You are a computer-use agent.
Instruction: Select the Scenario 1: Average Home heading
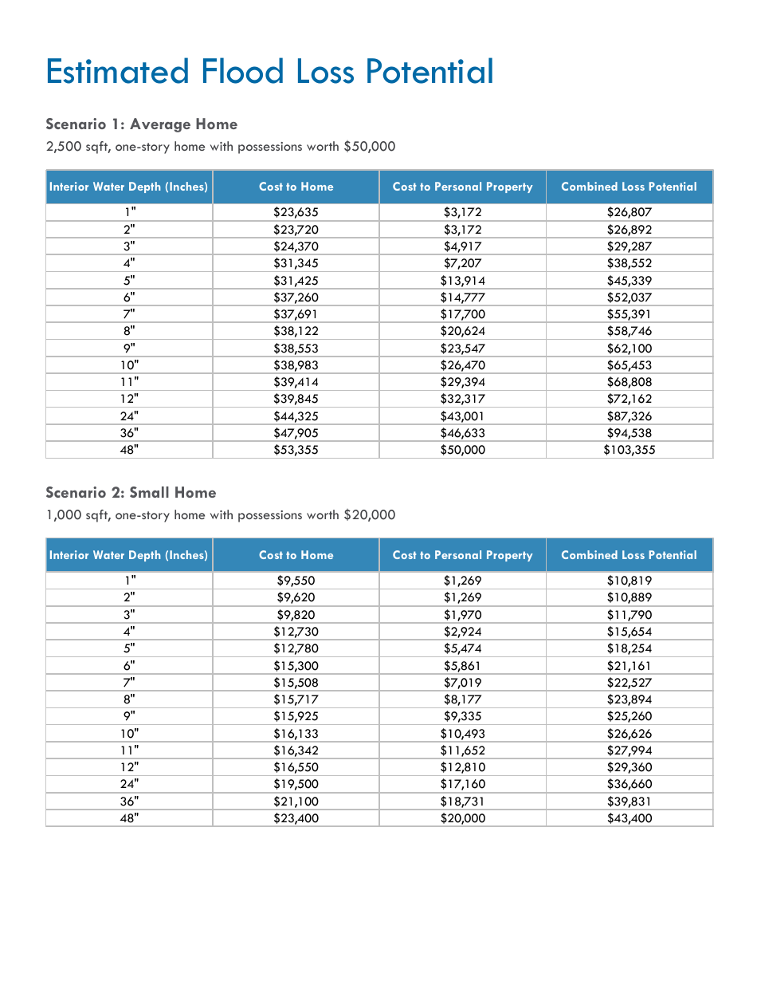(x=142, y=124)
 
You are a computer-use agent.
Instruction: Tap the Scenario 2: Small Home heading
(x=131, y=493)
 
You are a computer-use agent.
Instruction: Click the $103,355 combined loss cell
(x=629, y=450)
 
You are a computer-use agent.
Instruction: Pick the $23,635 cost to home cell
(x=296, y=212)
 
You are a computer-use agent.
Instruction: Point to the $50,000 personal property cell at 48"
(x=462, y=450)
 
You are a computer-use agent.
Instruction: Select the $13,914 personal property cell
(x=462, y=280)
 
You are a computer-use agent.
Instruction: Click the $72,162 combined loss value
(x=629, y=399)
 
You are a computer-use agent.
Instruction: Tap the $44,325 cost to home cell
(x=296, y=416)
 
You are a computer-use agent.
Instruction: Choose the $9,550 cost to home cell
(x=296, y=581)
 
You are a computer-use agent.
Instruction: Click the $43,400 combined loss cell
(x=629, y=818)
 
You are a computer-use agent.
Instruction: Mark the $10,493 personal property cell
(x=462, y=734)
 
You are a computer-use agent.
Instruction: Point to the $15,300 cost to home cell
(x=296, y=665)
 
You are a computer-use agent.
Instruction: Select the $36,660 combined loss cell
(x=629, y=784)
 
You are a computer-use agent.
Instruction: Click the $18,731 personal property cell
(x=462, y=802)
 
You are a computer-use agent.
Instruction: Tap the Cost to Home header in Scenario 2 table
(x=296, y=555)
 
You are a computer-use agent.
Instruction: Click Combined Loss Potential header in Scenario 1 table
(x=629, y=187)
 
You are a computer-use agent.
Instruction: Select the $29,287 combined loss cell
(x=629, y=246)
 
